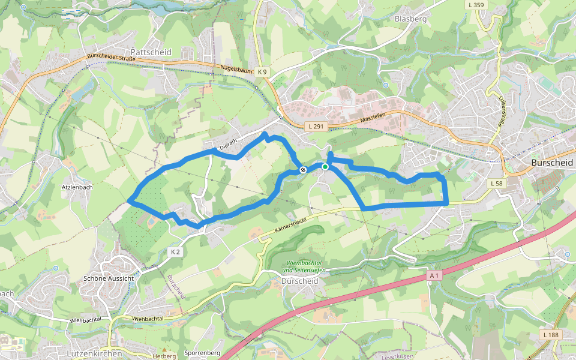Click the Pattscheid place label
(x=151, y=52)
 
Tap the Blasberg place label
(x=410, y=19)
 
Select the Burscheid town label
(x=553, y=163)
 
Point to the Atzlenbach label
(x=77, y=187)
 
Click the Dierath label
(x=229, y=144)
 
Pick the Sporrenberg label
(x=203, y=353)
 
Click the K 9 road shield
(x=262, y=72)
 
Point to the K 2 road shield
(x=175, y=252)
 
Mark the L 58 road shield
(x=496, y=183)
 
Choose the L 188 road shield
(x=550, y=334)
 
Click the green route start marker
(x=325, y=167)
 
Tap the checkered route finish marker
(x=303, y=170)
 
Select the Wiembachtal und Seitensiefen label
(x=306, y=266)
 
